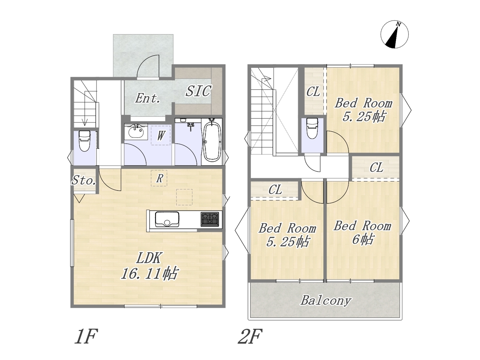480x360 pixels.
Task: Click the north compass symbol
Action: pos(394,35)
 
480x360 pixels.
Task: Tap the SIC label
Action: pos(198,91)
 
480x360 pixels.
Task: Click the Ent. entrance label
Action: pos(148,98)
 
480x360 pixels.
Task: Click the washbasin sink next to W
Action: pos(136,132)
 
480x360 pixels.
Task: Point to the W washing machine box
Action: pos(160,135)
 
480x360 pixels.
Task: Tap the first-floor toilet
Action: pos(84,141)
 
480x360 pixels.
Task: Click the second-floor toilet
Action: pos(312,129)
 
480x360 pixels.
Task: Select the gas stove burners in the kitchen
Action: pos(210,219)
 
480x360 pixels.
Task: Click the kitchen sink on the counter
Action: pos(167,219)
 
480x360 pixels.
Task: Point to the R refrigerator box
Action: pos(159,178)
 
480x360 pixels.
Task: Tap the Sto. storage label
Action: pos(84,180)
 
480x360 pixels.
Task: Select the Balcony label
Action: pos(326,300)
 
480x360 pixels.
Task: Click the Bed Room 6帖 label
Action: pos(362,232)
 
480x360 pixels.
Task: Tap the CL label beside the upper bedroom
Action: pos(313,92)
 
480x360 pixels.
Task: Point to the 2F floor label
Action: pos(250,336)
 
